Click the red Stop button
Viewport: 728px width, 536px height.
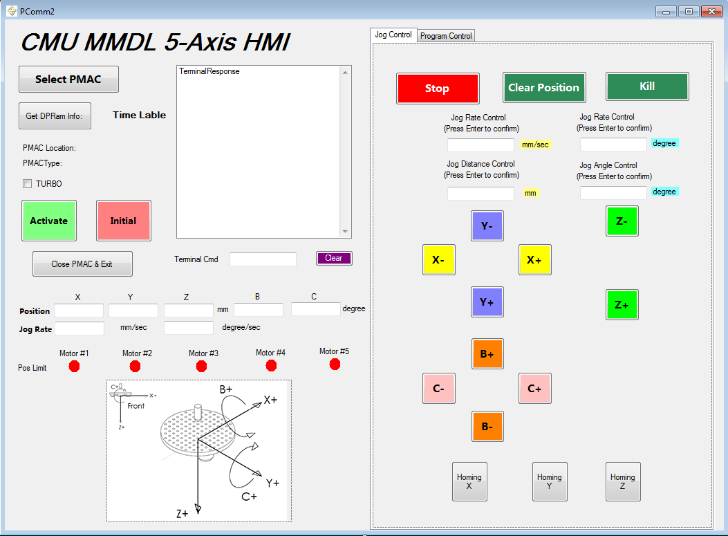pos(438,89)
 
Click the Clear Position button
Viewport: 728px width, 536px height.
pos(544,88)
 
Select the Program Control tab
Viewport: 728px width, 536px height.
pos(446,36)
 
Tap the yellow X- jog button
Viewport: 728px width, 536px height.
pos(438,260)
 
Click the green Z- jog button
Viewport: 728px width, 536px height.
pos(622,221)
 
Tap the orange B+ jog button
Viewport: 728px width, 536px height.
pos(487,354)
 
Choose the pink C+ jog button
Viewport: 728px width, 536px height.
pos(534,388)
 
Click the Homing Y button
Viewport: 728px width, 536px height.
pos(550,481)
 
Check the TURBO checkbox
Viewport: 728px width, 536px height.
pos(28,184)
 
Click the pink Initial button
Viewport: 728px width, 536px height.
pos(124,221)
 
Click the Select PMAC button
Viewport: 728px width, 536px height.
pos(68,80)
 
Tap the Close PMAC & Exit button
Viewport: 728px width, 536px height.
pos(82,264)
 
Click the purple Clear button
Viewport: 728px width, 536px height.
pos(334,258)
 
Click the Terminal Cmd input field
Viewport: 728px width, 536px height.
pos(263,259)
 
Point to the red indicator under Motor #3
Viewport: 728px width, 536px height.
pos(201,366)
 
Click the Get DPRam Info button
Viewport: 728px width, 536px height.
pos(55,116)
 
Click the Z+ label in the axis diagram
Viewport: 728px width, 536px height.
pos(183,513)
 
